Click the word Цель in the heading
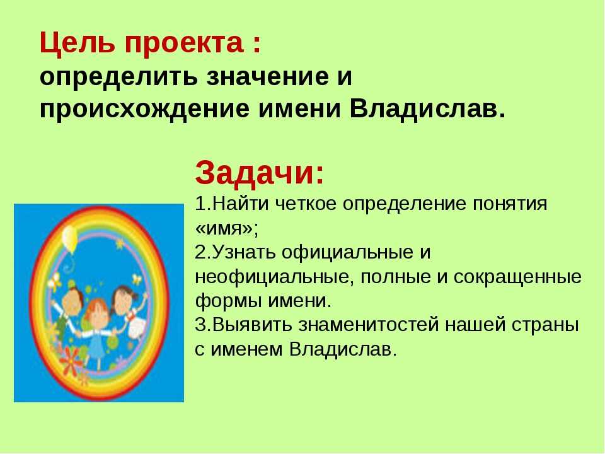point(77,44)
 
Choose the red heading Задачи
point(259,174)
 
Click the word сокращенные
point(517,277)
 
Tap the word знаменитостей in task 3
point(369,325)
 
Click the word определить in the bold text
point(120,77)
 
